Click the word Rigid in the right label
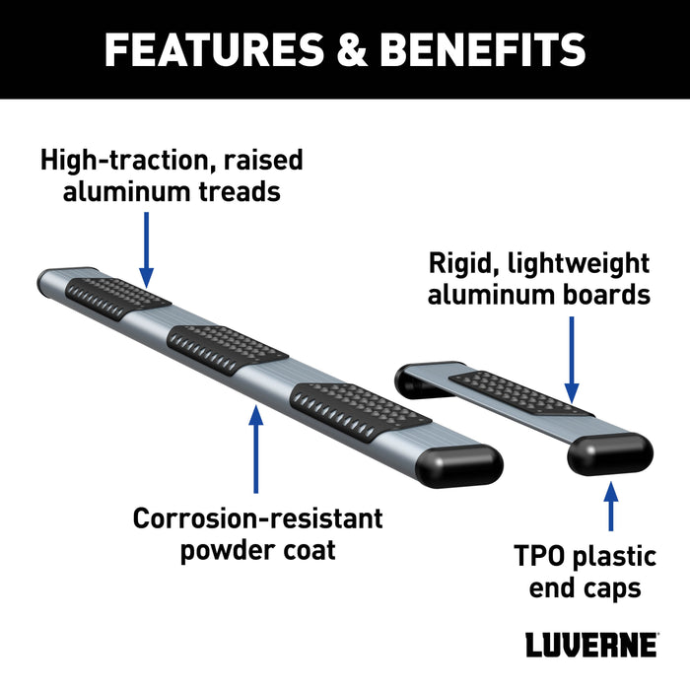[459, 263]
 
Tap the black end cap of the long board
[462, 463]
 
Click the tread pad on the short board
[521, 393]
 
